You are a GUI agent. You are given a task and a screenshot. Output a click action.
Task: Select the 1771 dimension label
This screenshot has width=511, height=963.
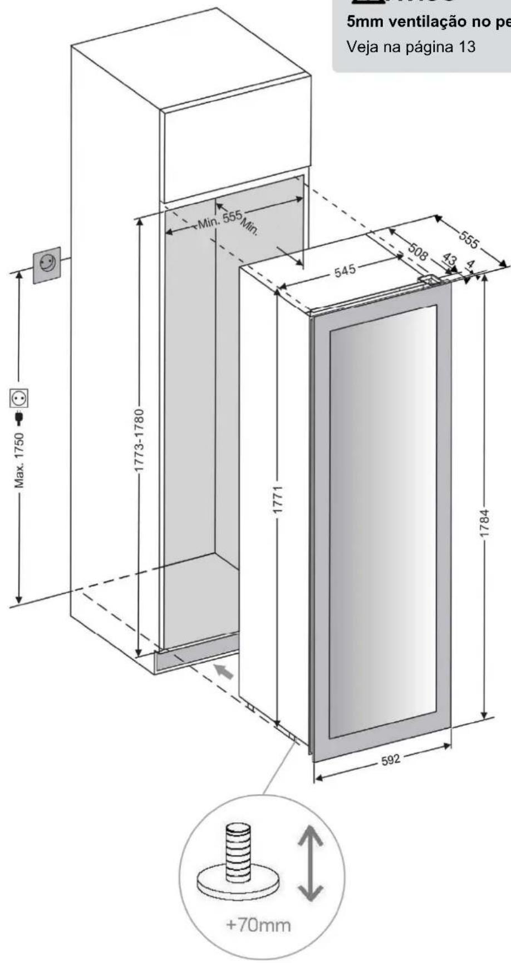coord(282,500)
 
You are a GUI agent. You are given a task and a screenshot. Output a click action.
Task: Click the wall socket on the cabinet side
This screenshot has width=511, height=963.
coord(47,264)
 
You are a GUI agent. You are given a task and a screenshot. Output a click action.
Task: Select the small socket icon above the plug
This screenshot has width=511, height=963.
coord(19,398)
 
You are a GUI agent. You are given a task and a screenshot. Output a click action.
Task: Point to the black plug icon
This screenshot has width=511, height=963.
coord(19,416)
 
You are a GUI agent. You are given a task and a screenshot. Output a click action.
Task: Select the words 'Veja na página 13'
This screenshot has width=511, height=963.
coord(411,46)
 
